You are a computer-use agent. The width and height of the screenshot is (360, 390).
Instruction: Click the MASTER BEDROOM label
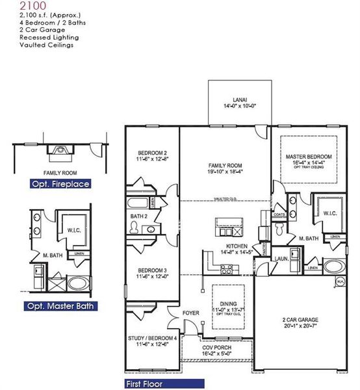coord(309,157)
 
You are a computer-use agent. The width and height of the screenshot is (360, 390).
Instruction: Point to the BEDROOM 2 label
coord(153,153)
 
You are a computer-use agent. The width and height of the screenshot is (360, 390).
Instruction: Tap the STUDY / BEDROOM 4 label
coord(153,339)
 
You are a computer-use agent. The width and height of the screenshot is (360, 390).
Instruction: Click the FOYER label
coord(190,313)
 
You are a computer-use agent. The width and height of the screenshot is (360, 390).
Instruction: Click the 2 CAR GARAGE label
coord(300,320)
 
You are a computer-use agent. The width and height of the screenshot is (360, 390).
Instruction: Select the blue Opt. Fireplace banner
coord(60,185)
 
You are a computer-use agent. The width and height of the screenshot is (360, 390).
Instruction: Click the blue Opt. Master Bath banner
coord(60,306)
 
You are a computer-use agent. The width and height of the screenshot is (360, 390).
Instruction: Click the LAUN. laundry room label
coord(281,257)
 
